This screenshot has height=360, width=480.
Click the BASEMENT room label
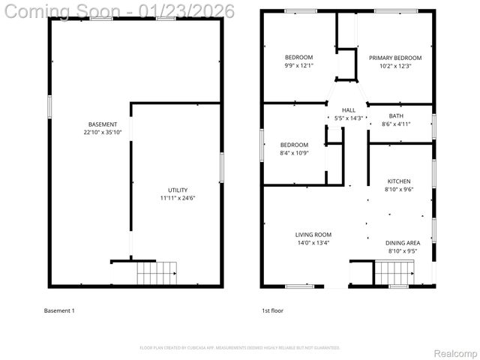(x=103, y=124)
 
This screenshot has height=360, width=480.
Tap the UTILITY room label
(x=178, y=190)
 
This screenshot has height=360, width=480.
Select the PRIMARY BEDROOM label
(x=394, y=58)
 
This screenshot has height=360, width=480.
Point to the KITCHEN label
(x=398, y=181)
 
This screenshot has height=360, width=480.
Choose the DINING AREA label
(x=402, y=242)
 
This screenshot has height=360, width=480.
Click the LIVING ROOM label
(x=313, y=235)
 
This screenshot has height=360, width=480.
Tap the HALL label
(x=349, y=109)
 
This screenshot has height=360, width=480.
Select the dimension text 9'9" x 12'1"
(x=298, y=66)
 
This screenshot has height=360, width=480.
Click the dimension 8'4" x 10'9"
(x=294, y=153)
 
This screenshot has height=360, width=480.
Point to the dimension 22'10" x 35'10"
(x=103, y=132)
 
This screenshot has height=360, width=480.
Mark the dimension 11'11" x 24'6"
(x=178, y=198)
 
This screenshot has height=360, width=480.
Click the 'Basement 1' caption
(x=59, y=310)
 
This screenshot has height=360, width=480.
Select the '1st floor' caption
(x=272, y=310)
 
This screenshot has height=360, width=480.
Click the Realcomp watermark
(x=452, y=352)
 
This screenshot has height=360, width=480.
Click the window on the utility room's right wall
(x=221, y=166)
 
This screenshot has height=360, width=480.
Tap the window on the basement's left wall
(x=49, y=106)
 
